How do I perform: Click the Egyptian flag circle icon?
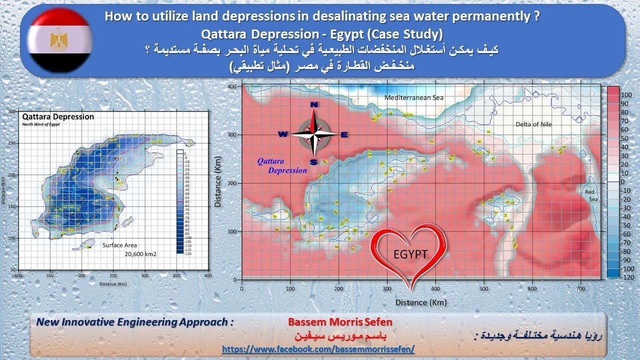tap(59, 40)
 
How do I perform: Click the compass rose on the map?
tap(314, 133)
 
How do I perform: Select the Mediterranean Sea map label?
tap(414, 98)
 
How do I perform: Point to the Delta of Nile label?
tap(534, 124)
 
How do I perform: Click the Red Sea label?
tap(591, 195)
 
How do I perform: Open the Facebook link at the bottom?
tap(318, 349)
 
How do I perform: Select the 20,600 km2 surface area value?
tap(140, 254)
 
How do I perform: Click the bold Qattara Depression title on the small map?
tap(58, 116)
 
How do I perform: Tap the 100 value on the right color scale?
tap(626, 95)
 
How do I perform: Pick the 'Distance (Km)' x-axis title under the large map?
tap(421, 302)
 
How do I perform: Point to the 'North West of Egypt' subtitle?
tap(41, 124)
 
